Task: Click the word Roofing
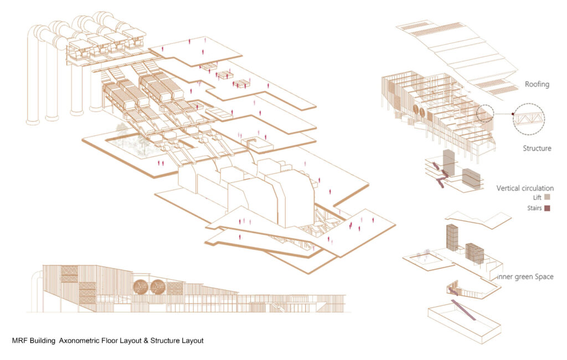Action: pyautogui.click(x=537, y=84)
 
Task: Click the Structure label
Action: pyautogui.click(x=537, y=148)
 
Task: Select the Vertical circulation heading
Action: pyautogui.click(x=525, y=188)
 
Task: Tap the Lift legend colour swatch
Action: pyautogui.click(x=548, y=197)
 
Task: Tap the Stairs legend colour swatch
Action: pyautogui.click(x=548, y=208)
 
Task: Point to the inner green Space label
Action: pyautogui.click(x=525, y=277)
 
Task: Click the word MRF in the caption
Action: pyautogui.click(x=19, y=341)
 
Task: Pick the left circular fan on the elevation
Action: pyautogui.click(x=141, y=286)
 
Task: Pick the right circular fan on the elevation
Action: pyautogui.click(x=158, y=286)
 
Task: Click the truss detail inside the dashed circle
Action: pyautogui.click(x=529, y=119)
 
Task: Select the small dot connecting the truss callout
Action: pyautogui.click(x=513, y=114)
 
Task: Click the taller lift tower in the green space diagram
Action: pyautogui.click(x=452, y=238)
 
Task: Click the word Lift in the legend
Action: pyautogui.click(x=537, y=198)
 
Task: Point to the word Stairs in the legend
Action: pyautogui.click(x=534, y=208)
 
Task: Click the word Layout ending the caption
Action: pyautogui.click(x=192, y=341)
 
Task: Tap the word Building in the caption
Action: pyautogui.click(x=43, y=341)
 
